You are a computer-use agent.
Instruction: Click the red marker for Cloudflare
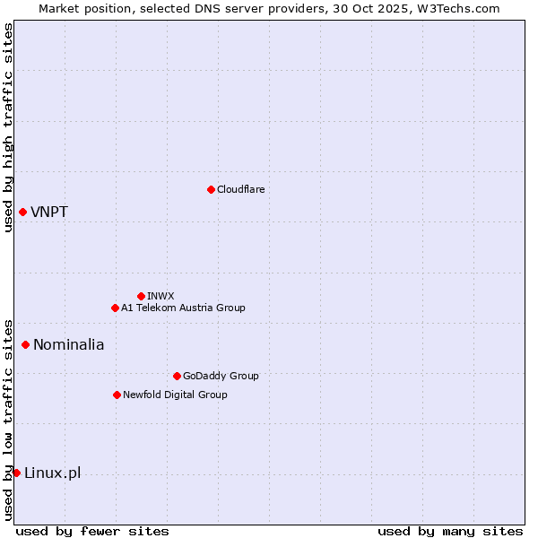click(x=211, y=189)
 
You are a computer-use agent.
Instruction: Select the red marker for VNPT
click(x=22, y=212)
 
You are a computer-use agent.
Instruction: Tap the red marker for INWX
click(x=141, y=296)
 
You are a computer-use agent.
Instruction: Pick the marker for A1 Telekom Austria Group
click(x=115, y=308)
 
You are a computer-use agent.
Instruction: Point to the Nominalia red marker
click(x=25, y=344)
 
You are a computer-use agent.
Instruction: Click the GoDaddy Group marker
click(x=177, y=376)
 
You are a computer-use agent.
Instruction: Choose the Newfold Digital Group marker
click(x=117, y=395)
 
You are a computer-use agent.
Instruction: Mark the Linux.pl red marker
click(x=16, y=473)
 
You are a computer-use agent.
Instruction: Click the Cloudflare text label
click(x=240, y=189)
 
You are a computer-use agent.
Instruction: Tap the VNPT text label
click(x=48, y=213)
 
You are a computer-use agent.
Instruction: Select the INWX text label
click(x=161, y=296)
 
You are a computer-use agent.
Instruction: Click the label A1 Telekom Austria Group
click(x=183, y=308)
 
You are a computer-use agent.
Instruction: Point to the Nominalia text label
click(x=68, y=345)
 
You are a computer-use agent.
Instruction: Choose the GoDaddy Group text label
click(x=220, y=376)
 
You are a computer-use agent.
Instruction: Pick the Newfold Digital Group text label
click(x=175, y=395)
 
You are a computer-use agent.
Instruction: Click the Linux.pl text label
click(x=52, y=473)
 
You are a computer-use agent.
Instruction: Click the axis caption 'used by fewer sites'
click(x=92, y=531)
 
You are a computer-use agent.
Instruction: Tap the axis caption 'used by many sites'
click(x=449, y=531)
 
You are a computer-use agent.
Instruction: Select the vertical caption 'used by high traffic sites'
click(x=8, y=127)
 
